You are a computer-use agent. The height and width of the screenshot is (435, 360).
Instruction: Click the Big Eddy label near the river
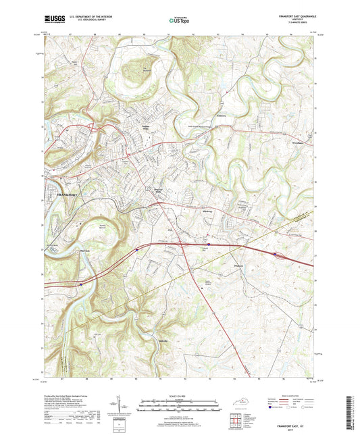click(85, 251)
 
